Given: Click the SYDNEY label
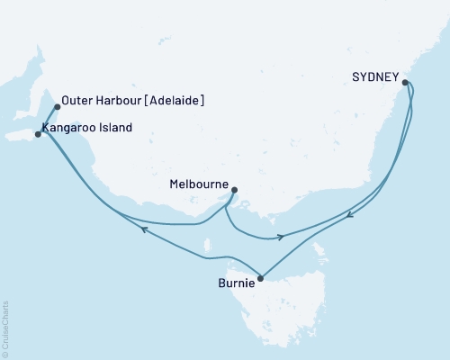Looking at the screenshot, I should (373, 78).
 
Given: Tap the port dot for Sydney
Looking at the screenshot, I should (406, 83).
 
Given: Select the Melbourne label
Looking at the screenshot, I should (199, 184).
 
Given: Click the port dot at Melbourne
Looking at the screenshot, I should (234, 190).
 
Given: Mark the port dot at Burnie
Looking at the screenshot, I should (260, 278).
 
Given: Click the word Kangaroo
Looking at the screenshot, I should (70, 128).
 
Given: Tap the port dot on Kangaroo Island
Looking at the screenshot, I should (38, 134).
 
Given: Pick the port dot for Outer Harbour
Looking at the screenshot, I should (58, 107).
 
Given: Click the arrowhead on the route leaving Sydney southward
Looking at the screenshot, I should (351, 214).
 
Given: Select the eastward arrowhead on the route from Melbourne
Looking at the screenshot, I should (281, 238).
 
